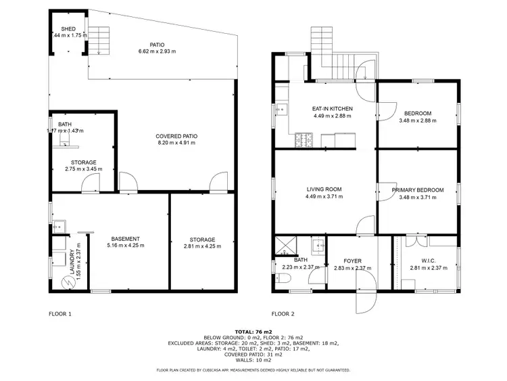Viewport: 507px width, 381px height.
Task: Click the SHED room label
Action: [x=68, y=29]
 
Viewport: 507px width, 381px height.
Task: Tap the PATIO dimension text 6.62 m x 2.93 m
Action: [x=157, y=52]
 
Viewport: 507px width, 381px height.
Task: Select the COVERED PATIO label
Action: [x=176, y=136]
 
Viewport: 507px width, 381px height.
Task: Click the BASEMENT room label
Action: [x=126, y=239]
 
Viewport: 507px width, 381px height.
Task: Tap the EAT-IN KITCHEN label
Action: [x=332, y=108]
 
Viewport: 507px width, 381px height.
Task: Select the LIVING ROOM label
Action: [x=324, y=189]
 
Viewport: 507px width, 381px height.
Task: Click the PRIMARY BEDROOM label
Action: [x=418, y=190]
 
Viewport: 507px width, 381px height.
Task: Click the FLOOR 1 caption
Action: [x=60, y=314]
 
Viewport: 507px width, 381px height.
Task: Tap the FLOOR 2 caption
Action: [x=283, y=314]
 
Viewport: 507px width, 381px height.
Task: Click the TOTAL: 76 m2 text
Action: [x=253, y=332]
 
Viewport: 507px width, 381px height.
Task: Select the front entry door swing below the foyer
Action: [x=362, y=302]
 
